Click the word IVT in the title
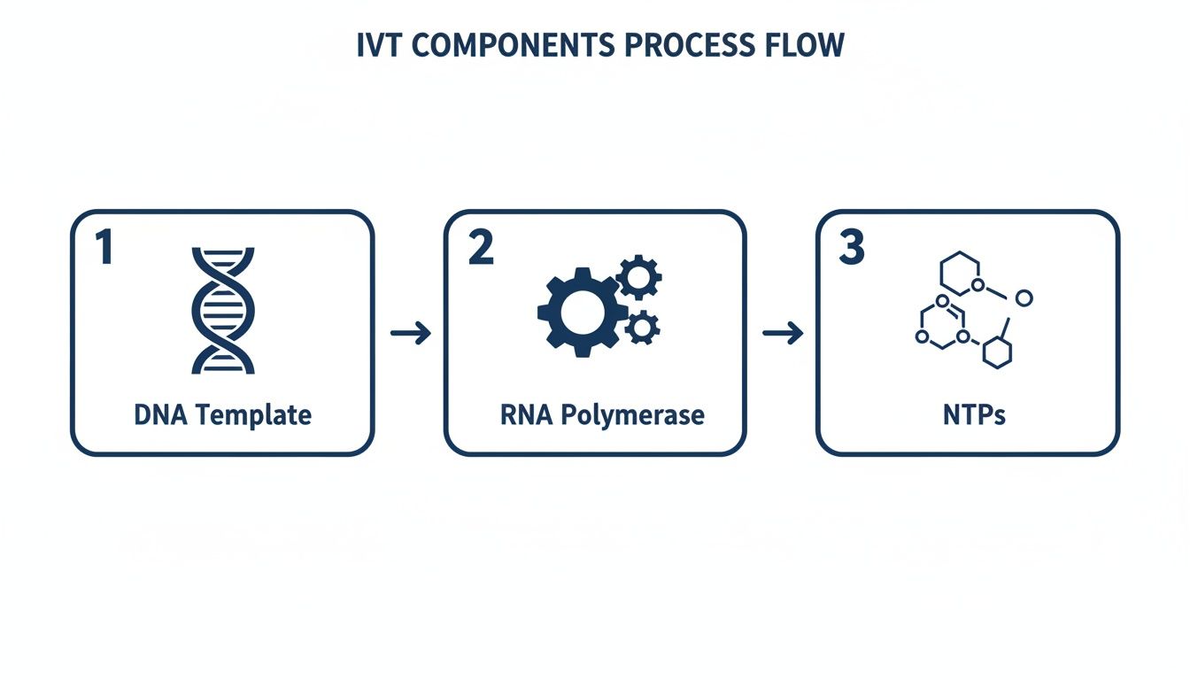[x=377, y=46]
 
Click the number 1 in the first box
[x=104, y=248]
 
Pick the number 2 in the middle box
[x=481, y=248]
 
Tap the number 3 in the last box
[x=851, y=248]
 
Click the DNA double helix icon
[x=223, y=310]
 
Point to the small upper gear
[x=638, y=278]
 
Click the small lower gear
[x=642, y=328]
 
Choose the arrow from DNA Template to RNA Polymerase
[x=410, y=333]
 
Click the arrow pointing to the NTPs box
[x=782, y=333]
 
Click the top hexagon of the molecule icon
[x=960, y=272]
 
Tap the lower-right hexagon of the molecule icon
[x=998, y=352]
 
